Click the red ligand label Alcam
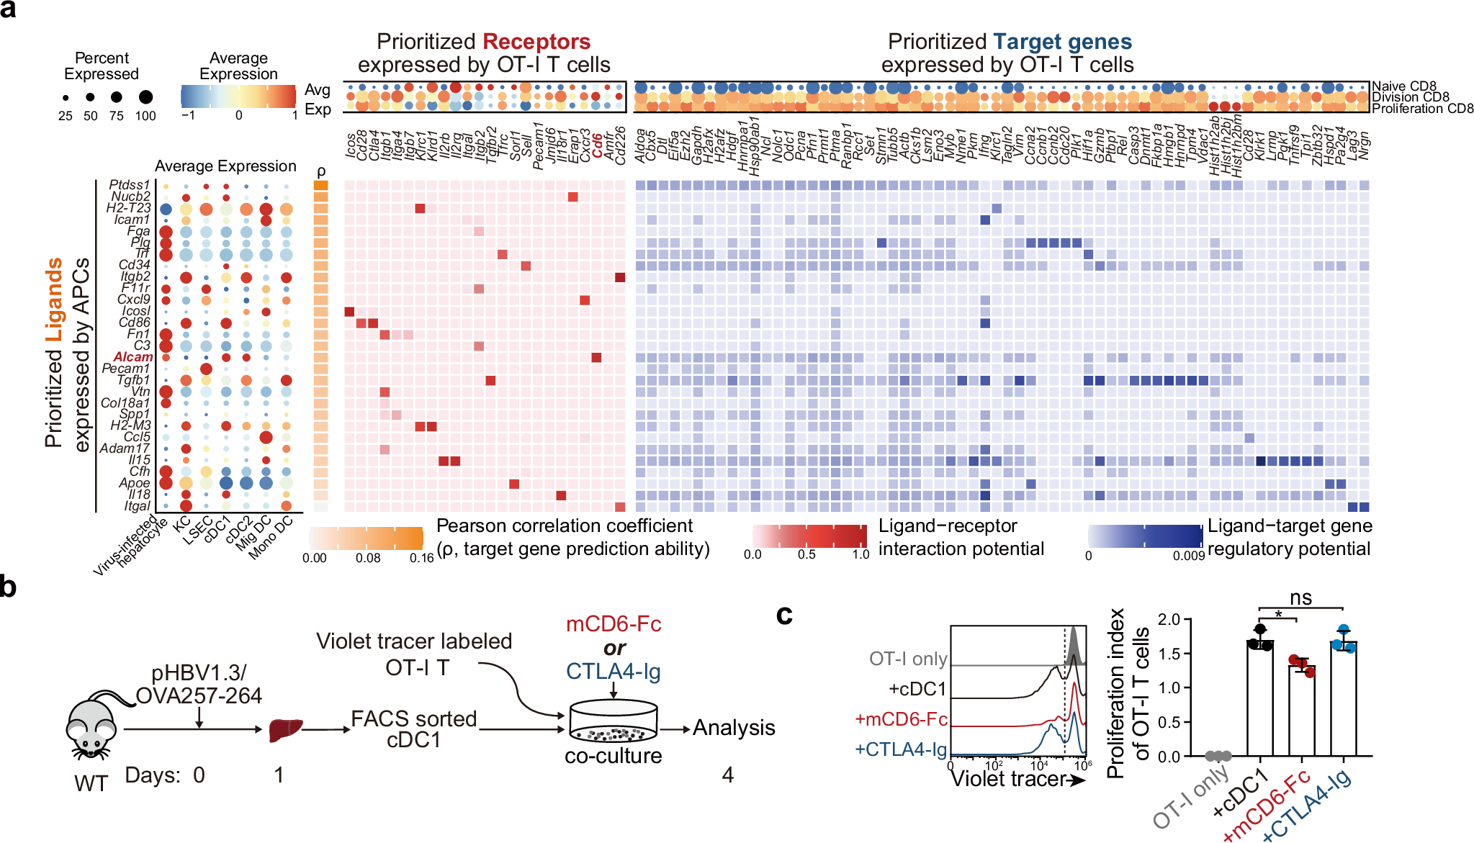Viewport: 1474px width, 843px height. tap(133, 357)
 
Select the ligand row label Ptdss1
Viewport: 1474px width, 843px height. tap(130, 185)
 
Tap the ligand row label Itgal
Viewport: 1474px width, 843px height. tap(137, 506)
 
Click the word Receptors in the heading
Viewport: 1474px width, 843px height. tap(536, 42)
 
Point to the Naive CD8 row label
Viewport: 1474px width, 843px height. tap(1403, 86)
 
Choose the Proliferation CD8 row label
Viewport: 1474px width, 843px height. tap(1422, 109)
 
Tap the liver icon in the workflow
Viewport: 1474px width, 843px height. tap(285, 730)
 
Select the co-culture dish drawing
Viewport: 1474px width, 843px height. tap(613, 721)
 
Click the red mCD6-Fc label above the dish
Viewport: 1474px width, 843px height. tap(614, 624)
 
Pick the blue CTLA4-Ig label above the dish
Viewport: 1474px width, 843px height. tap(614, 672)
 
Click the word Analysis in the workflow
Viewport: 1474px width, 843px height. tap(734, 729)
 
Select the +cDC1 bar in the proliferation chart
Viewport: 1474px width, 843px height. tap(1260, 698)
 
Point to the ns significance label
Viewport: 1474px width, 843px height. tap(1300, 598)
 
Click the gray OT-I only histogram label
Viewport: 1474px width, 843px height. tap(908, 659)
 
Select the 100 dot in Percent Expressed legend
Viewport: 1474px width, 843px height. tap(145, 97)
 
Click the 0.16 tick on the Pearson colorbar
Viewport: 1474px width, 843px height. tap(421, 558)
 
